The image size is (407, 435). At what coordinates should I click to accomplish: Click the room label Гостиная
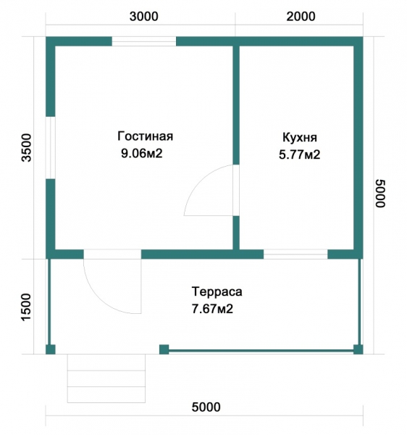[145, 136]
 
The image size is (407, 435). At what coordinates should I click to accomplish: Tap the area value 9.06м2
[141, 153]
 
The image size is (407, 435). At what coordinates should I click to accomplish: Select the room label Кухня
[300, 138]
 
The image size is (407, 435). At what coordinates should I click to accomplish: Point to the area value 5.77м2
[299, 154]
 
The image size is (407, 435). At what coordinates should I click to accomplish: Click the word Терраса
[217, 292]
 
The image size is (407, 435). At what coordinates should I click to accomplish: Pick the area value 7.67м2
[212, 309]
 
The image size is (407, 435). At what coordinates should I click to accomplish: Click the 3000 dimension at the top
[144, 17]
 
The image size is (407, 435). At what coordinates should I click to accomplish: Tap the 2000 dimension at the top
[301, 17]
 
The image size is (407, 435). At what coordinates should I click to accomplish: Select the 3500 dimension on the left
[28, 148]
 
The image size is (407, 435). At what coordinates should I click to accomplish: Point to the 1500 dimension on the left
[27, 307]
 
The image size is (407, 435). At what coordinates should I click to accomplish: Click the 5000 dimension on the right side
[380, 194]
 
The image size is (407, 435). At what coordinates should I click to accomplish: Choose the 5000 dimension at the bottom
[206, 407]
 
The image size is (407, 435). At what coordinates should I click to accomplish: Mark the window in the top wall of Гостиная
[144, 41]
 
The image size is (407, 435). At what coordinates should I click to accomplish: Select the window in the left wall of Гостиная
[51, 148]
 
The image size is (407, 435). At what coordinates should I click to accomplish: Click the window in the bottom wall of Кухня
[295, 254]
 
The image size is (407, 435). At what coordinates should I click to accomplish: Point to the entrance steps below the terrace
[106, 378]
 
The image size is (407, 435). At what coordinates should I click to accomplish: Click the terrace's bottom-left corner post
[51, 349]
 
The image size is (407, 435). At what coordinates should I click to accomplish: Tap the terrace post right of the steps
[164, 349]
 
